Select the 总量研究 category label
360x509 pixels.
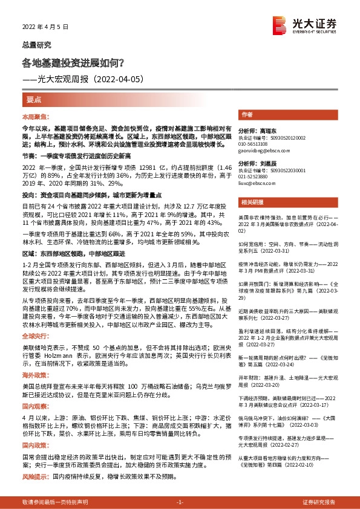[36, 45]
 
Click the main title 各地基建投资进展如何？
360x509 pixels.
[73, 62]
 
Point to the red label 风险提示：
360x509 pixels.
[36, 477]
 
